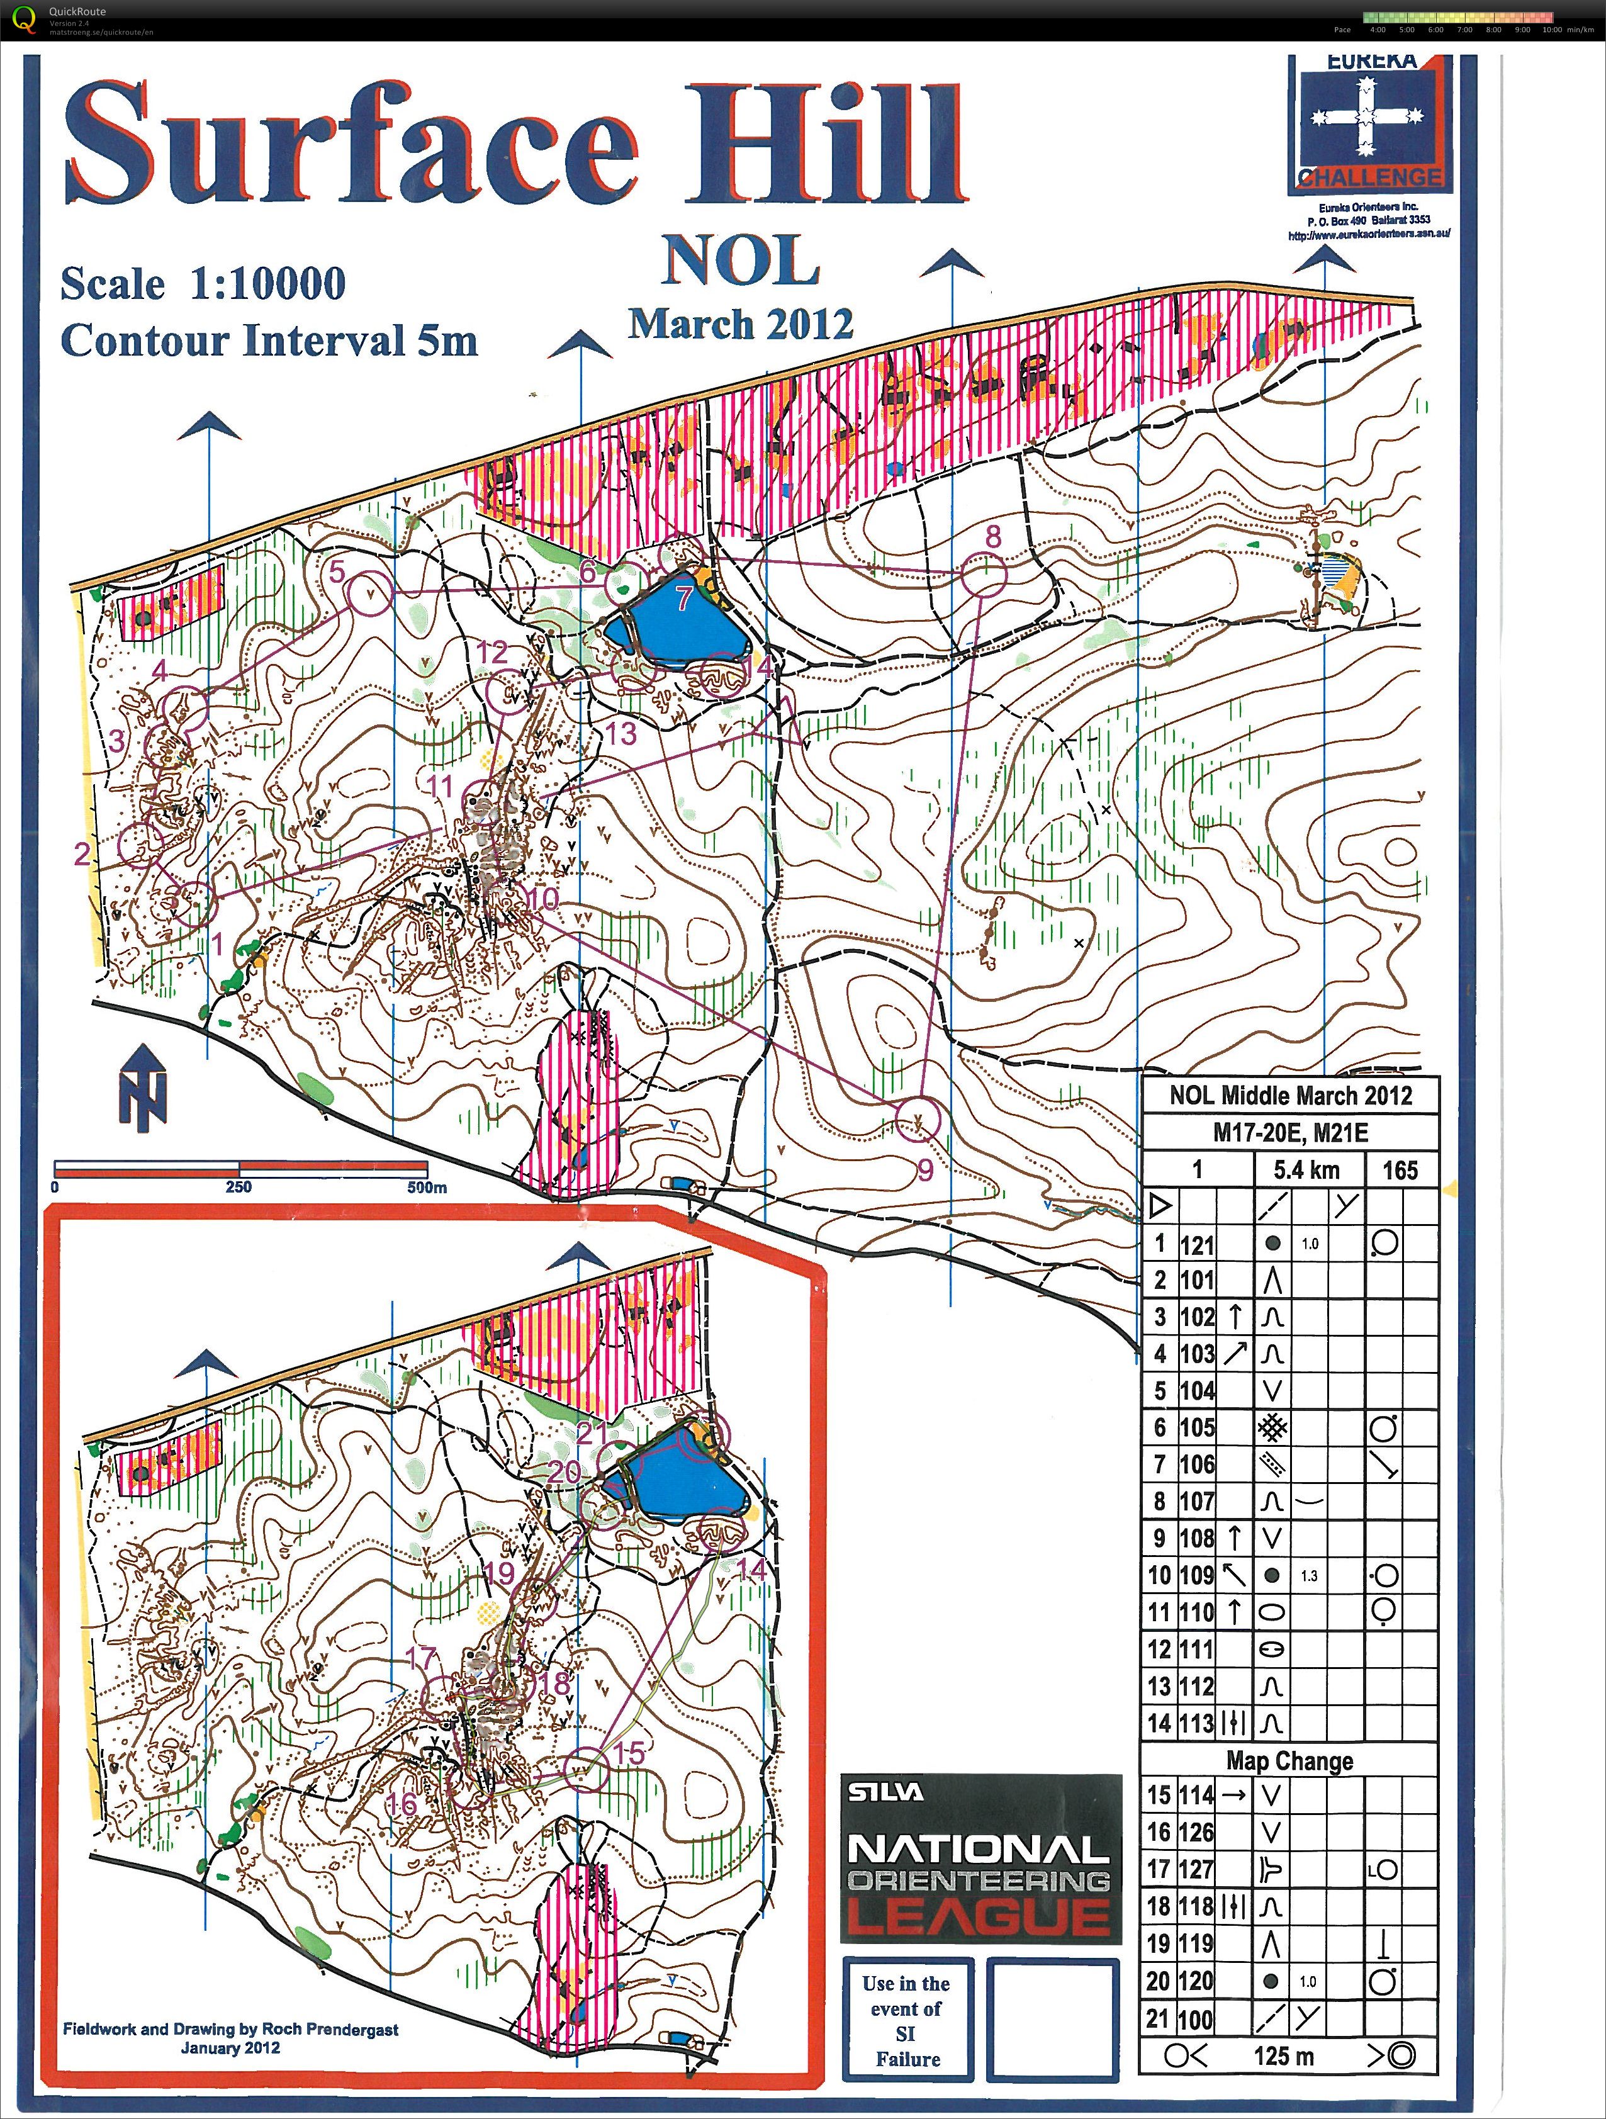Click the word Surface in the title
click(349, 143)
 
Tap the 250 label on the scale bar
click(239, 1187)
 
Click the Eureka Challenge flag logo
click(1367, 125)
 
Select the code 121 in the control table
click(1197, 1244)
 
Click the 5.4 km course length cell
click(1306, 1170)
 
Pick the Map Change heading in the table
click(1289, 1761)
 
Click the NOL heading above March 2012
click(741, 261)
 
